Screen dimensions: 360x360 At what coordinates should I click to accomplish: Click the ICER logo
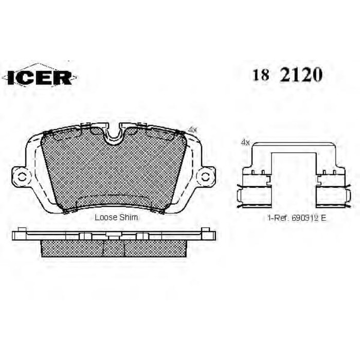[40, 77]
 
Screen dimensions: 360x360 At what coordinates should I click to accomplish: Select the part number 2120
[301, 76]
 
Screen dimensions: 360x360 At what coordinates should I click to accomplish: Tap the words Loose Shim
[116, 218]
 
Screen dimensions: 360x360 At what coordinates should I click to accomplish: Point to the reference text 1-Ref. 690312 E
[297, 218]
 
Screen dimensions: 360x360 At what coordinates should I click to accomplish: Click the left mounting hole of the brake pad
[22, 177]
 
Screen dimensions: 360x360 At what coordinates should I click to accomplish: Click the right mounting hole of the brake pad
[205, 177]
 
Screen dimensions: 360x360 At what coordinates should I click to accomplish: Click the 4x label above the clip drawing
[245, 142]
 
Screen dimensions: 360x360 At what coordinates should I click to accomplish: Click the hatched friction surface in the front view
[113, 170]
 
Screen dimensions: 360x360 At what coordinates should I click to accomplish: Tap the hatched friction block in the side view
[113, 248]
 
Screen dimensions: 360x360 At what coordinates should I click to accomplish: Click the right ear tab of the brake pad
[205, 177]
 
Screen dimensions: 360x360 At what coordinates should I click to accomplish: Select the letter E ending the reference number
[324, 218]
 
